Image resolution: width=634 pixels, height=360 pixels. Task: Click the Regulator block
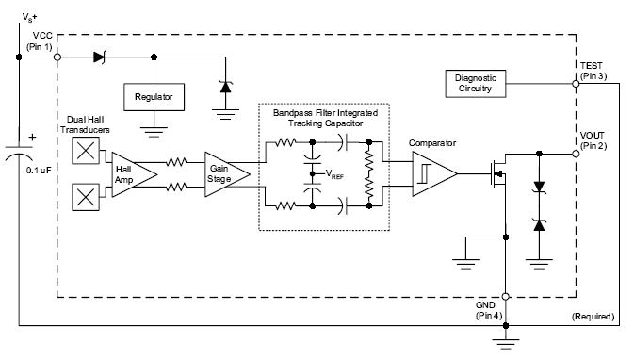154,97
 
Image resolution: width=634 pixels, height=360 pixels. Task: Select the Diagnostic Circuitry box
476,84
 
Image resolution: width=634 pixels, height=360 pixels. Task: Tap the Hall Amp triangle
134,174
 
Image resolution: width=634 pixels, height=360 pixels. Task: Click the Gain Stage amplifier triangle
227,174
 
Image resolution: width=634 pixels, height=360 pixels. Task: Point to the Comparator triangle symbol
434,174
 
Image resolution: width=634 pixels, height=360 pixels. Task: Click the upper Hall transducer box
86,151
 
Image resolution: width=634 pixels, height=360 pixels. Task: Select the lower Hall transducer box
86,197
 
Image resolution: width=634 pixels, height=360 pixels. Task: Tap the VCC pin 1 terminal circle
57,57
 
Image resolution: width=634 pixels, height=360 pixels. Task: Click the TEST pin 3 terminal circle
576,84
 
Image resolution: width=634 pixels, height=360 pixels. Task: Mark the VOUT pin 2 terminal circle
576,154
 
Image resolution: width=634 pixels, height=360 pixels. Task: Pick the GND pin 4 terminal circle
506,297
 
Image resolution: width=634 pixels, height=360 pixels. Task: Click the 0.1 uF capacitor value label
39,171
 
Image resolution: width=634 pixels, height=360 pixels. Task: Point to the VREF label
334,174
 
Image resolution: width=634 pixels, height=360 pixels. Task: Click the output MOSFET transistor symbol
498,174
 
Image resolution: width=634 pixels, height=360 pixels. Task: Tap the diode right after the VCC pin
100,57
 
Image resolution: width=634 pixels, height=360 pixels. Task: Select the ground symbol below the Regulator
154,132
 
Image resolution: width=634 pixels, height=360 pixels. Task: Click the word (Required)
593,317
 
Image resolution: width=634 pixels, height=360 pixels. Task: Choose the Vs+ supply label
29,17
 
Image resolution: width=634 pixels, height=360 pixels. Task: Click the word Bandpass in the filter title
291,113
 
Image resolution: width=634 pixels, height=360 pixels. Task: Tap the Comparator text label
432,143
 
